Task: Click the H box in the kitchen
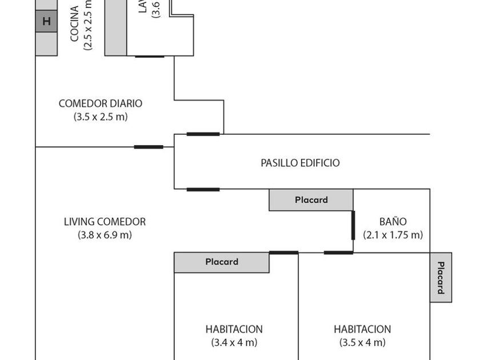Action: [46, 22]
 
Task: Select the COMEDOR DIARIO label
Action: [101, 103]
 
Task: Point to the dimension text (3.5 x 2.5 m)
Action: [101, 117]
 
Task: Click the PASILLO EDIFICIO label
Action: [300, 163]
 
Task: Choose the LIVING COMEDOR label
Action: [105, 222]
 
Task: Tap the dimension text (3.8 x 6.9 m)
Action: [105, 235]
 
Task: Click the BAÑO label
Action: [393, 222]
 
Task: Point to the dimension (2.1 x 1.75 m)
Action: [393, 235]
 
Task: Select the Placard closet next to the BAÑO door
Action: [311, 200]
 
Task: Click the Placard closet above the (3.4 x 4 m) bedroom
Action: [222, 262]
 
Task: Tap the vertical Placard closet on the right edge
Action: [441, 277]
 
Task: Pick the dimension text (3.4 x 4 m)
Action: [234, 343]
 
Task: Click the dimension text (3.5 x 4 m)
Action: [362, 343]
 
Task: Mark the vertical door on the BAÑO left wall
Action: [353, 225]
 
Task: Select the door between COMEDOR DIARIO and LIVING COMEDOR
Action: [149, 147]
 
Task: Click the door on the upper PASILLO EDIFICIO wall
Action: [203, 134]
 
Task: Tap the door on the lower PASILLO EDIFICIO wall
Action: [203, 189]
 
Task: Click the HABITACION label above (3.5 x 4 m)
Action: [362, 329]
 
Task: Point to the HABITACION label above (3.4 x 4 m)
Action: [234, 329]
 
